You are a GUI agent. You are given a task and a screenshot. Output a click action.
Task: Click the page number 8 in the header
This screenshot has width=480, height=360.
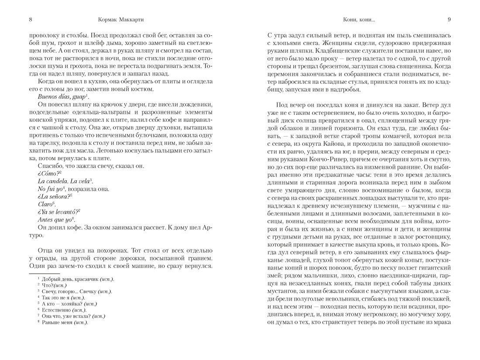tap(30, 19)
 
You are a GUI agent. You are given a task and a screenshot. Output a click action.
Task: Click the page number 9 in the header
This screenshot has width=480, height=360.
tap(449, 19)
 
